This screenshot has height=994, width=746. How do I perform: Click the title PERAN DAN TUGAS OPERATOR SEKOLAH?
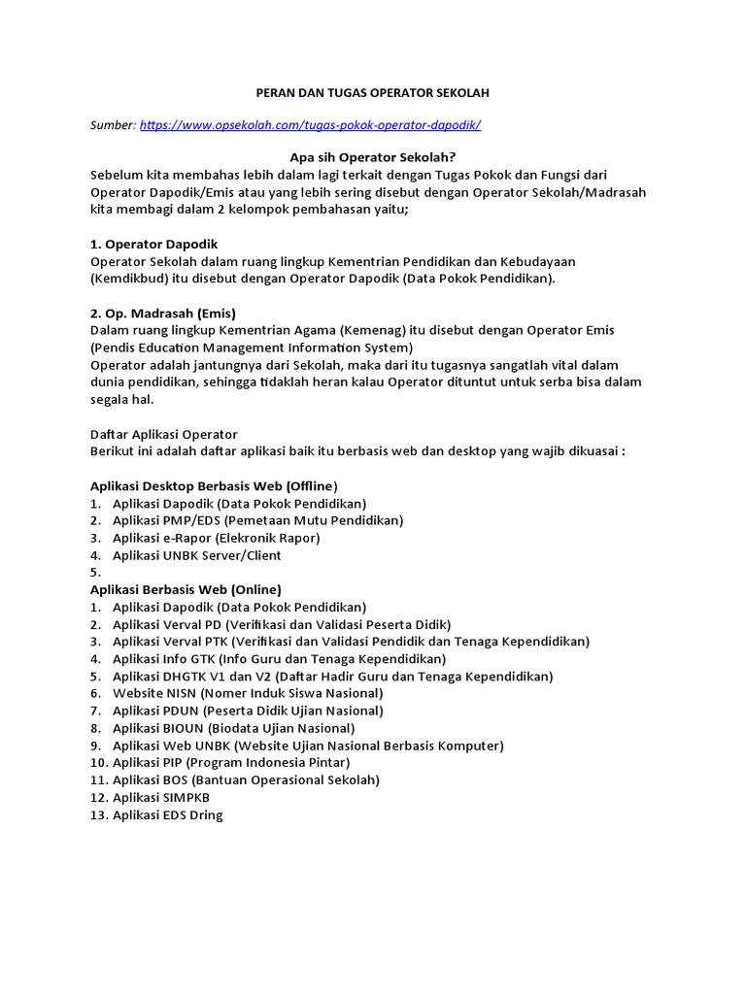pyautogui.click(x=372, y=92)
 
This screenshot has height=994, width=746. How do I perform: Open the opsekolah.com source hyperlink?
pyautogui.click(x=310, y=125)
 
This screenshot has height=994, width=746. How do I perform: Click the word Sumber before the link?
pyautogui.click(x=112, y=125)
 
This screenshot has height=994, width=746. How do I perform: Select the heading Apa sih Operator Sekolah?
pyautogui.click(x=373, y=157)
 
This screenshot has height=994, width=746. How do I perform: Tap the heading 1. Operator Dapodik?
pyautogui.click(x=154, y=244)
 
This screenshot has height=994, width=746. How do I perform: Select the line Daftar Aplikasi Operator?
pyautogui.click(x=163, y=434)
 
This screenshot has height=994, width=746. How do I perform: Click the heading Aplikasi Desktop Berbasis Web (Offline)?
pyautogui.click(x=214, y=485)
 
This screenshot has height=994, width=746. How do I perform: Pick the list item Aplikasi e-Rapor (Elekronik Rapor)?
pyautogui.click(x=216, y=538)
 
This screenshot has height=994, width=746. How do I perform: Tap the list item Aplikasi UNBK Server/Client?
pyautogui.click(x=196, y=555)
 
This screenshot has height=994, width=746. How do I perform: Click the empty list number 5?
pyautogui.click(x=95, y=573)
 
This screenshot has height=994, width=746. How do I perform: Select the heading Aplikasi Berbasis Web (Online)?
pyautogui.click(x=186, y=589)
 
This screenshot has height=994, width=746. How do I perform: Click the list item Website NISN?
pyautogui.click(x=248, y=693)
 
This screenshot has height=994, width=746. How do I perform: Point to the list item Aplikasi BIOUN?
pyautogui.click(x=233, y=728)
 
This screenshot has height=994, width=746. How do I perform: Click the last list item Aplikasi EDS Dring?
pyautogui.click(x=167, y=815)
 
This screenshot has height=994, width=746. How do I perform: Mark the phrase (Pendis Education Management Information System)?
pyautogui.click(x=252, y=348)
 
